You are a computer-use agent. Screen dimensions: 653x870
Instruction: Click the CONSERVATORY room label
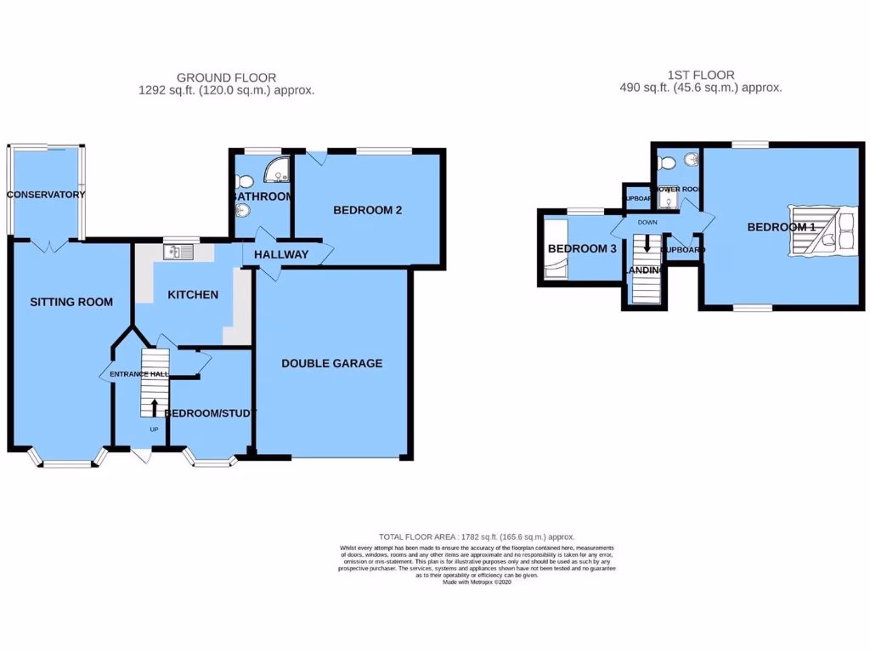(x=47, y=195)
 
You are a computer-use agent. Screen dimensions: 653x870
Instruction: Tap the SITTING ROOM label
(x=71, y=302)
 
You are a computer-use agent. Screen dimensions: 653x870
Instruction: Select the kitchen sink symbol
(x=181, y=252)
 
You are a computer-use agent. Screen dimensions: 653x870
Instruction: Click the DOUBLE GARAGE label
(x=332, y=363)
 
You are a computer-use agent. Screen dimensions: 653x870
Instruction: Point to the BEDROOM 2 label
(x=367, y=211)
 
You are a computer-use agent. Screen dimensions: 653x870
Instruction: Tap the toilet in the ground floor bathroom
(x=245, y=180)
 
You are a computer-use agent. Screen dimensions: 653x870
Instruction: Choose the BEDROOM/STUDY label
(x=210, y=413)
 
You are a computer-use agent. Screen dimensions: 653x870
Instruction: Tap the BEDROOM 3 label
(x=581, y=249)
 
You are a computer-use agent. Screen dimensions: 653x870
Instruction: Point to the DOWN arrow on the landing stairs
(x=647, y=245)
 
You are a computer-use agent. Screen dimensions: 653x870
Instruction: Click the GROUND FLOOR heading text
(x=226, y=77)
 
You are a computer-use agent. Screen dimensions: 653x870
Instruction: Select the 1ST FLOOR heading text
(x=701, y=75)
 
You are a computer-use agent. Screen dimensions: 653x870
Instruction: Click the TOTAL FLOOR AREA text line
(x=477, y=537)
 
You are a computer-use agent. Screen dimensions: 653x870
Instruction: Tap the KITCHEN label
(x=193, y=295)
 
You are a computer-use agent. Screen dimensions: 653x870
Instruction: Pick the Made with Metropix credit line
(x=476, y=582)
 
